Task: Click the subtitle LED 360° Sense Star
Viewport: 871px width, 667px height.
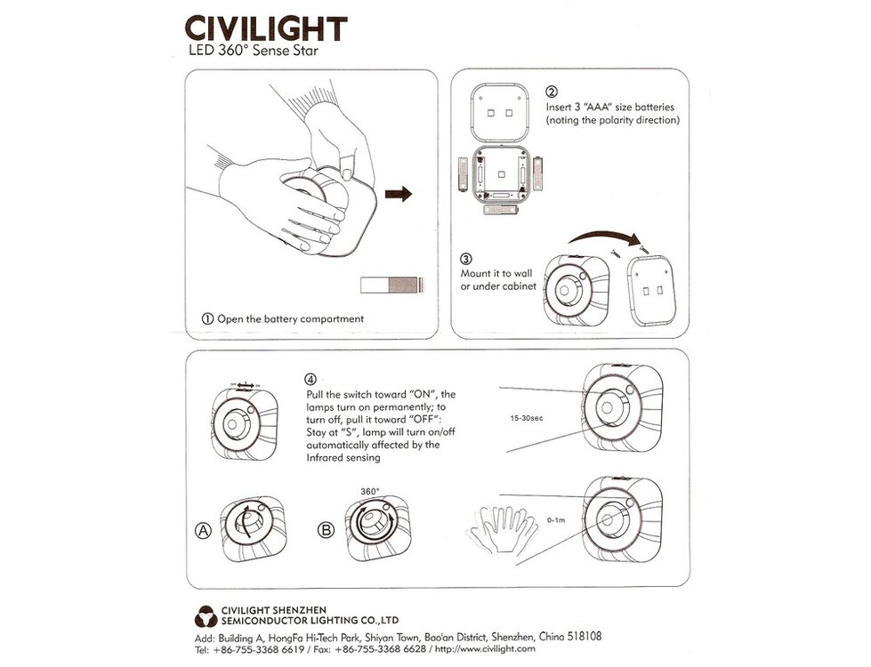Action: click(x=252, y=52)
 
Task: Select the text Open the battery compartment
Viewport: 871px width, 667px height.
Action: click(x=283, y=318)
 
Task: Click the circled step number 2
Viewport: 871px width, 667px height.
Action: click(x=552, y=92)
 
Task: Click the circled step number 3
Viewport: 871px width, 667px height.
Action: click(x=466, y=260)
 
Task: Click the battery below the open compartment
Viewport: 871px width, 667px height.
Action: click(x=501, y=212)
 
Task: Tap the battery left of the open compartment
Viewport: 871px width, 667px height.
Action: click(x=462, y=174)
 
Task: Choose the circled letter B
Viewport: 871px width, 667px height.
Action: click(x=326, y=531)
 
